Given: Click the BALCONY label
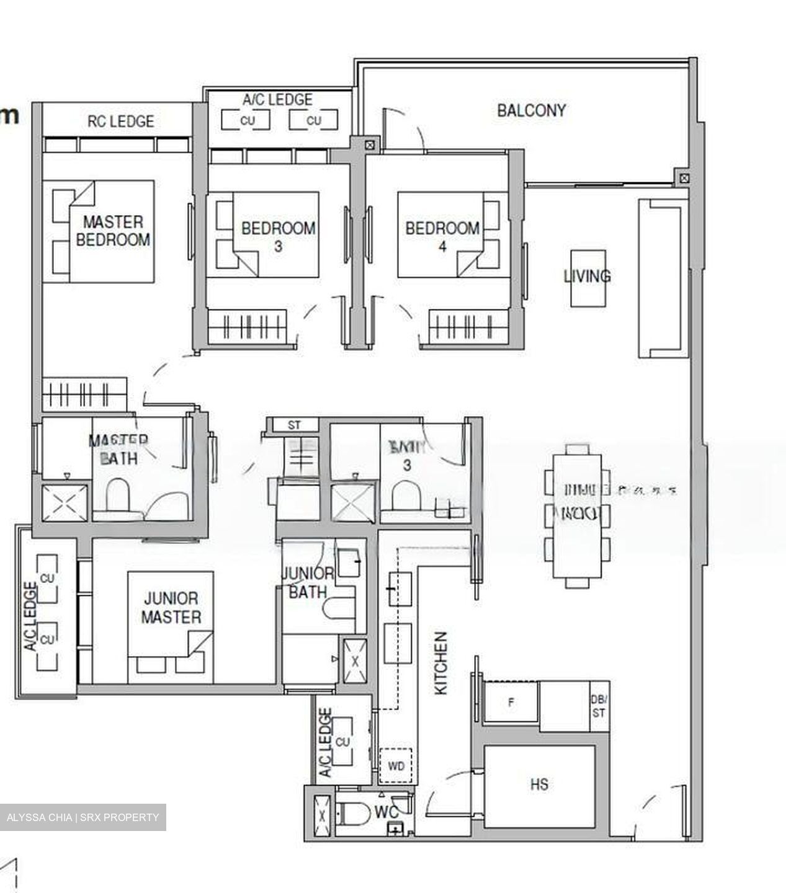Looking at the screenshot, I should click(x=531, y=110).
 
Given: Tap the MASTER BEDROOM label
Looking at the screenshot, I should click(x=113, y=231).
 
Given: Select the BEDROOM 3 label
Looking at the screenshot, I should click(x=278, y=236).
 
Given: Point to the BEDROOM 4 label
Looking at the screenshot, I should click(x=442, y=236).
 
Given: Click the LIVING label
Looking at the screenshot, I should click(x=587, y=276).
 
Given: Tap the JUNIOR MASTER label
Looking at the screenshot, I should click(x=171, y=608).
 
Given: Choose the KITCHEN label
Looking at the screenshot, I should click(x=440, y=663).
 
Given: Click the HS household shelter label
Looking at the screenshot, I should click(x=539, y=784).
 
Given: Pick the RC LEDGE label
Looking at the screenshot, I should click(x=120, y=121).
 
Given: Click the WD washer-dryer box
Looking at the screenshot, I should click(x=396, y=766).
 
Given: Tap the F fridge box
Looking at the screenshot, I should click(x=511, y=703).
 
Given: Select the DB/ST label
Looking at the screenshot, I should click(x=598, y=707).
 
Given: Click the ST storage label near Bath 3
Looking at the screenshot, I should click(x=294, y=425).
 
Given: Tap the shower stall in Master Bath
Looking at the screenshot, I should click(x=64, y=504).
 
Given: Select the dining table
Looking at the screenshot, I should click(x=576, y=516).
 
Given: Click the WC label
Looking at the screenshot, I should click(x=386, y=812).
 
